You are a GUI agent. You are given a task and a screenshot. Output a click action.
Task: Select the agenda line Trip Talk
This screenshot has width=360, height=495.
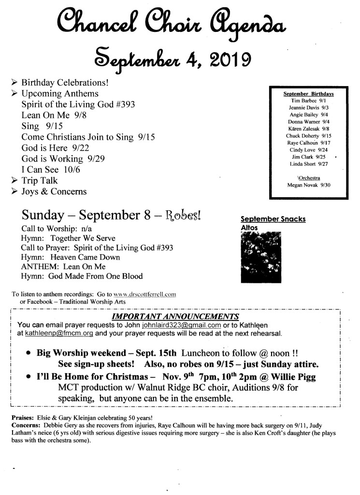click(39, 181)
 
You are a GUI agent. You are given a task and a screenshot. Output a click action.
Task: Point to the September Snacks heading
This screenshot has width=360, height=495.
click(273, 219)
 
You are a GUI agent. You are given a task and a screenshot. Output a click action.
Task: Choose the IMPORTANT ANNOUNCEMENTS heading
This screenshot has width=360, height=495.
click(175, 317)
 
